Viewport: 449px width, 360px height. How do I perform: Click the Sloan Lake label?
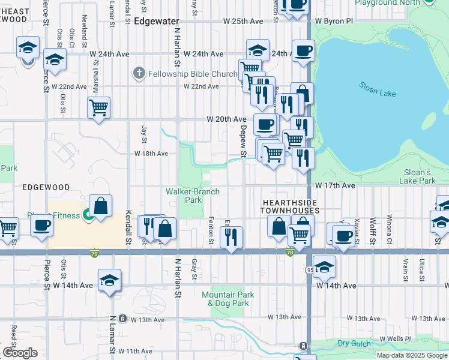click(377, 89)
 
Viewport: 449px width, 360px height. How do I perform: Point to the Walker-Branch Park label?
click(193, 196)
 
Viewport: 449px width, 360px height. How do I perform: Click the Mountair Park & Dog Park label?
click(228, 299)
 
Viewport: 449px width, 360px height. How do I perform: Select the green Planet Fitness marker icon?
click(88, 214)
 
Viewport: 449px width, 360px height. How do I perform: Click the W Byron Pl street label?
click(340, 21)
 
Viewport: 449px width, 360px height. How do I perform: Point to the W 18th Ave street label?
click(151, 154)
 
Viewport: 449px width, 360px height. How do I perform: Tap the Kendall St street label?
click(128, 227)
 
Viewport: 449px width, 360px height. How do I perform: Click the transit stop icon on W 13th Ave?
click(122, 319)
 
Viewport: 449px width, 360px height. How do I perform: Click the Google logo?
click(20, 353)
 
